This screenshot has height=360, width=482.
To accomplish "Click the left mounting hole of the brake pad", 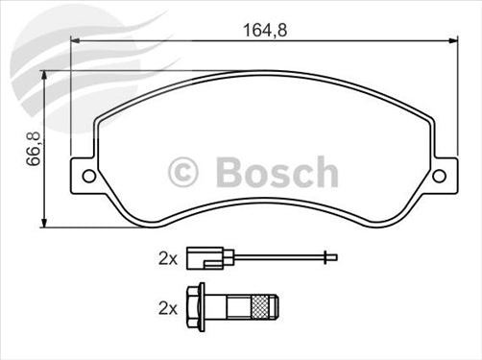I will coord(89,176).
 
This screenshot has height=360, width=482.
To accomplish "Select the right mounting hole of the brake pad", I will coord(440,176).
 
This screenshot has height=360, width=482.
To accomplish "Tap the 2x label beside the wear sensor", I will coord(167,257).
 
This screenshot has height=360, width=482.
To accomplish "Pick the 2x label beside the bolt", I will coord(167,308).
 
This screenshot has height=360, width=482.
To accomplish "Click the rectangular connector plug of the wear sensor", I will coord(202,257).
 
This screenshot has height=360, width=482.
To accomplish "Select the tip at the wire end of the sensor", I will coord(329,257).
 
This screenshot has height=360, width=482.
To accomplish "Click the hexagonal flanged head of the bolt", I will coord(198,308).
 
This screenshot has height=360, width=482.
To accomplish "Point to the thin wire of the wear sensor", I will coord(278,257).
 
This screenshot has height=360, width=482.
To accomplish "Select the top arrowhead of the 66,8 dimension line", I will coord(42,75).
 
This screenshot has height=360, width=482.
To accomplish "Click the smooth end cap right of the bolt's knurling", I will coord(275,308).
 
